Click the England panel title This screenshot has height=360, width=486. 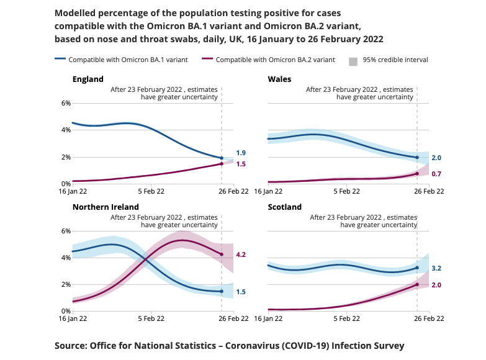pos(88,79)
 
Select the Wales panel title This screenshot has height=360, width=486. pos(279,79)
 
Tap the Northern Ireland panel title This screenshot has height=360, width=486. pos(106,207)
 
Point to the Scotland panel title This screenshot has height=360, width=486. pos(284,207)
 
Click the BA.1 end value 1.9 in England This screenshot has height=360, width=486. pos(241,153)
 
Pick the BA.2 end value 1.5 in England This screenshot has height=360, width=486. pos(241,164)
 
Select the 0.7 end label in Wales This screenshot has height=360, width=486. pos(436,174)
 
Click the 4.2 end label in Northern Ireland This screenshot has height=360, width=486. pos(241,254)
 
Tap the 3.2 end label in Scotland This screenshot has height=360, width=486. pos(436,268)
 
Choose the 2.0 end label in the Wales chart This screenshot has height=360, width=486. pos(436,158)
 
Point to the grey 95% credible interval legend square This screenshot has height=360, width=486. pos(353,60)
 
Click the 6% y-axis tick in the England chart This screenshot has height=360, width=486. pos(65,103)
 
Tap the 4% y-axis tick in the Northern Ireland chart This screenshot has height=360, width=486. pos(65,258)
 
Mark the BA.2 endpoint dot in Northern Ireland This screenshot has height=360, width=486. pos(222,254)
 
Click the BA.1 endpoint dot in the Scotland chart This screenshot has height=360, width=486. pos(417,268)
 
